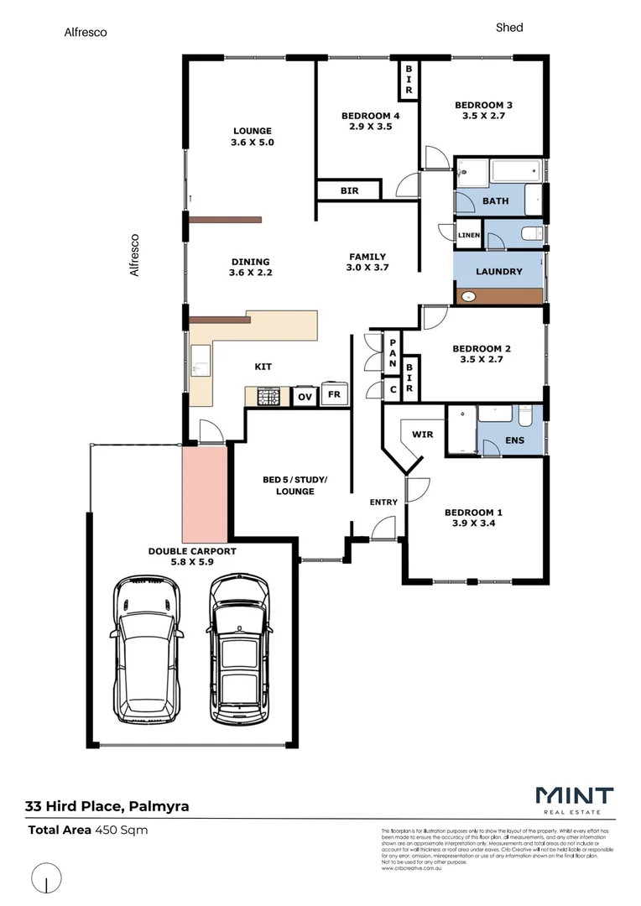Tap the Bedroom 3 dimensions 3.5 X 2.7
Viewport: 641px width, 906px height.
[483, 117]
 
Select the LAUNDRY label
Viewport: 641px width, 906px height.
[498, 272]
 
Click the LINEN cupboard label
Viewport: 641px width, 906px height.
[469, 236]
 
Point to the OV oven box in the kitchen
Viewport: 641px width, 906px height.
[305, 395]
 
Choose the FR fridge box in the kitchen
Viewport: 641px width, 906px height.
[334, 394]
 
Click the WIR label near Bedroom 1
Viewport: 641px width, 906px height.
[421, 435]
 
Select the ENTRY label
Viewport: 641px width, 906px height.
[383, 502]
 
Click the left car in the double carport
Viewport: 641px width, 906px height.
[149, 647]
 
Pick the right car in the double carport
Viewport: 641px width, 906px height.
[239, 648]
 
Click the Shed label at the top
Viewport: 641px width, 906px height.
[509, 28]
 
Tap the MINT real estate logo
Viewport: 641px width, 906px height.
[574, 798]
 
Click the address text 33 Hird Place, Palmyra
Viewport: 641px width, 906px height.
[107, 807]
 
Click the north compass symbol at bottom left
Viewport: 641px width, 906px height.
[46, 879]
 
